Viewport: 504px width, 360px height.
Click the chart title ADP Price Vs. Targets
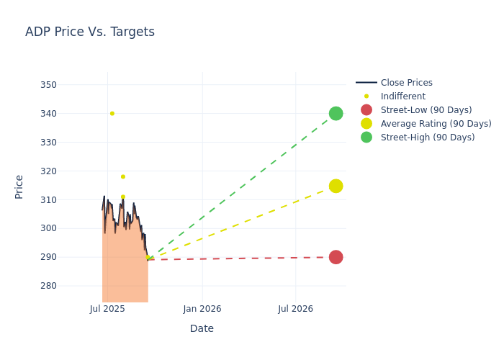[x=90, y=32]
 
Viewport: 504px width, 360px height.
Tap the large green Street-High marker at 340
[x=336, y=113]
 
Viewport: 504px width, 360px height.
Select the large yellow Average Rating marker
[x=336, y=186]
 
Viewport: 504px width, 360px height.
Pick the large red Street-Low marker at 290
[x=336, y=257]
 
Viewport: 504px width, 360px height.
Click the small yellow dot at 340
[x=112, y=113]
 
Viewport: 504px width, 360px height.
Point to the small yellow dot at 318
[x=123, y=176]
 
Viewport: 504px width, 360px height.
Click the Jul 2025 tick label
[x=107, y=309]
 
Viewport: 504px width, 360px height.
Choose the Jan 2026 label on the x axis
[x=202, y=309]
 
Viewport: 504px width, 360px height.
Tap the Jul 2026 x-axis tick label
[x=295, y=309]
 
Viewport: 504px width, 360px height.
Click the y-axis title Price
[x=19, y=186]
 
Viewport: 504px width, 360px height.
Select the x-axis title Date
[x=202, y=328]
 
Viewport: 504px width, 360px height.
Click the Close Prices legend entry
[x=406, y=83]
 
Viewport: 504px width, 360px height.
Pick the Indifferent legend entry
[x=402, y=96]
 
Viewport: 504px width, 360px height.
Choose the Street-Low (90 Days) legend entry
[x=426, y=110]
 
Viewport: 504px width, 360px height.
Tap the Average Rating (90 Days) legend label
[x=436, y=124]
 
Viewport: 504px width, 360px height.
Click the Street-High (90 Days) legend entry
[x=428, y=138]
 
